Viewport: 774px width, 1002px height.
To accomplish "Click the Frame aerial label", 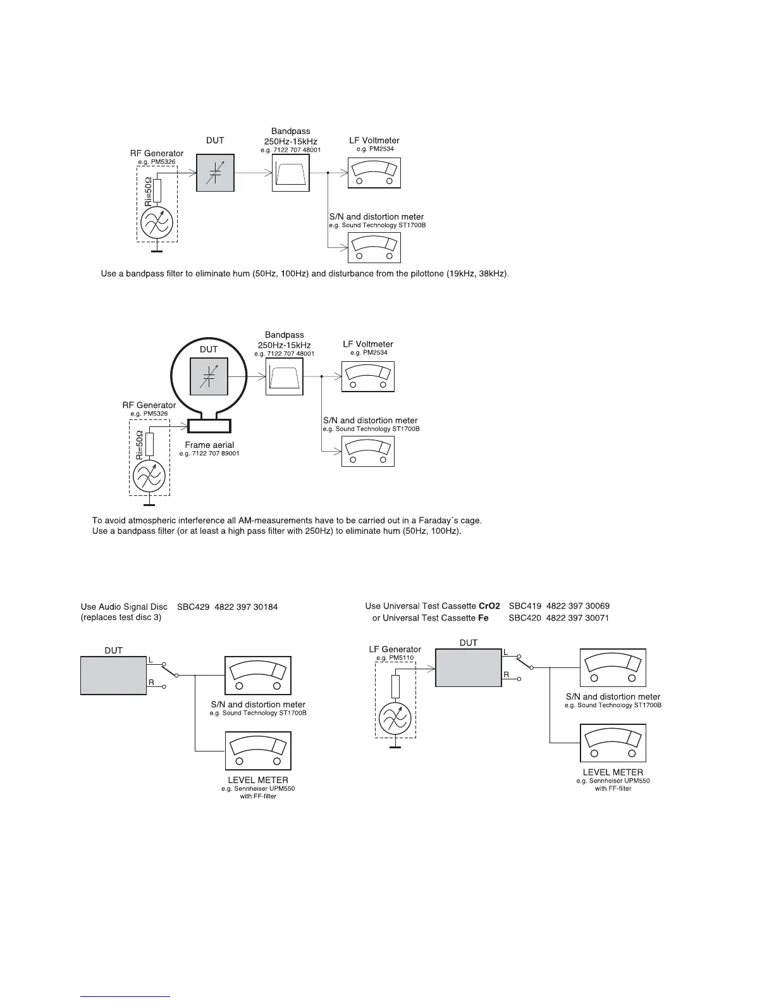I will (209, 445).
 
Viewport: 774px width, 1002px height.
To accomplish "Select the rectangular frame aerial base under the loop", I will (210, 424).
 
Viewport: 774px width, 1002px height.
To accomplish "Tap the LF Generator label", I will (395, 649).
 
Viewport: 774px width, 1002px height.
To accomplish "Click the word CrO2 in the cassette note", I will (489, 606).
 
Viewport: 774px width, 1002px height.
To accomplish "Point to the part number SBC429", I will (193, 607).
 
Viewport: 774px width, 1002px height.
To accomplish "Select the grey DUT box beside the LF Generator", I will (468, 668).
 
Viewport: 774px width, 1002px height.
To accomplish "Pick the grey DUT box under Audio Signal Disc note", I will (113, 676).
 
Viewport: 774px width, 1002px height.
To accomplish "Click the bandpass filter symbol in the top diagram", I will (291, 173).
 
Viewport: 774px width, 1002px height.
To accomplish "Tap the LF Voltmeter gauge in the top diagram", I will (374, 171).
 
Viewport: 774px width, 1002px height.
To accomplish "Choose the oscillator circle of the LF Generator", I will (395, 718).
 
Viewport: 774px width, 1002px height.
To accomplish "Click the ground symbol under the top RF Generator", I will (156, 252).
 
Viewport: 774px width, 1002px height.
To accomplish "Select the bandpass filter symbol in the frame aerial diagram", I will (284, 377).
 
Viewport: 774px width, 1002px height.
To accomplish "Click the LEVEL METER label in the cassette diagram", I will (612, 772).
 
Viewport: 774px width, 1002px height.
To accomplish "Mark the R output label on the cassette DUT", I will (506, 675).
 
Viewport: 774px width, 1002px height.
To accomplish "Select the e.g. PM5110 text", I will (395, 658).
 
